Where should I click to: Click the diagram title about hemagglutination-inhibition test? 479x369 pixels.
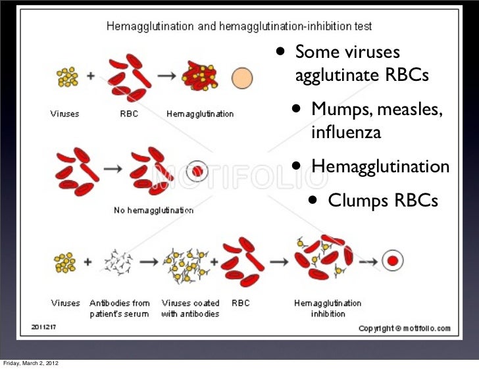point(239,27)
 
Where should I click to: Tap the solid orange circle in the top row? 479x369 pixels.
point(242,79)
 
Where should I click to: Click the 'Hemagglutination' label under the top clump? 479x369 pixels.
point(200,114)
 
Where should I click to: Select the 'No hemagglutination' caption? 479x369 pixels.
point(154,210)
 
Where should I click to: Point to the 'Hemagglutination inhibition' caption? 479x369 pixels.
point(327,308)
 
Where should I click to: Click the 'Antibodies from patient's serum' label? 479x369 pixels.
point(120,308)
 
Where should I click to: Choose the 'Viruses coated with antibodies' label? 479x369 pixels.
point(190,308)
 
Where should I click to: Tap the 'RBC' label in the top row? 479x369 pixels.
point(129,114)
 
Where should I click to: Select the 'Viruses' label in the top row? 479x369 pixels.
point(65,114)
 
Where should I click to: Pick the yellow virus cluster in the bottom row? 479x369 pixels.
point(66,263)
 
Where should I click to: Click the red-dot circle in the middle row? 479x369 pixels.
point(197,172)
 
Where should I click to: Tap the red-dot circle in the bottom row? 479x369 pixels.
point(393,261)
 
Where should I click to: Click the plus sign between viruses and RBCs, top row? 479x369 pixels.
point(90,75)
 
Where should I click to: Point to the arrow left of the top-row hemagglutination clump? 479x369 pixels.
point(166,76)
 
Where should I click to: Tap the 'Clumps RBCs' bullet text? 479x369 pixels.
point(382,200)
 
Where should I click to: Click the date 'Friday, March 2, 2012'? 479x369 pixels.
point(29,364)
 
